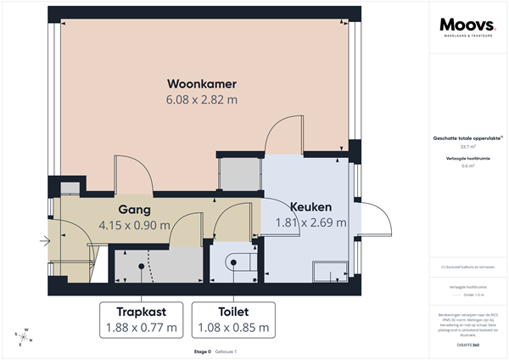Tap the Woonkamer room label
[201, 84]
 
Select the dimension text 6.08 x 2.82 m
[201, 100]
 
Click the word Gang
[134, 210]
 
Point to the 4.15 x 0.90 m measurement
[134, 225]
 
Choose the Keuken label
[310, 207]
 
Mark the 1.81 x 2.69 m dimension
[310, 223]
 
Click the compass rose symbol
[25, 336]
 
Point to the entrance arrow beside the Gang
[44, 242]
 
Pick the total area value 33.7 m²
[467, 146]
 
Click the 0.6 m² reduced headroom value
[467, 166]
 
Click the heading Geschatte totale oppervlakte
[467, 138]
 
